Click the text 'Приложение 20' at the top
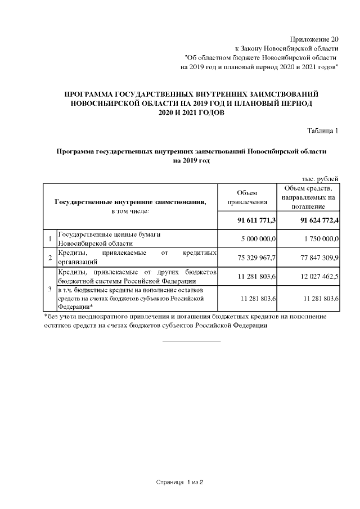pos(314,39)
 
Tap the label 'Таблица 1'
pos(322,131)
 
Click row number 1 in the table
pos(50,239)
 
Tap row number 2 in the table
pos(50,258)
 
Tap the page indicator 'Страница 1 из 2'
pos(179,483)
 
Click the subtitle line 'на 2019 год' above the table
pos(191,161)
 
